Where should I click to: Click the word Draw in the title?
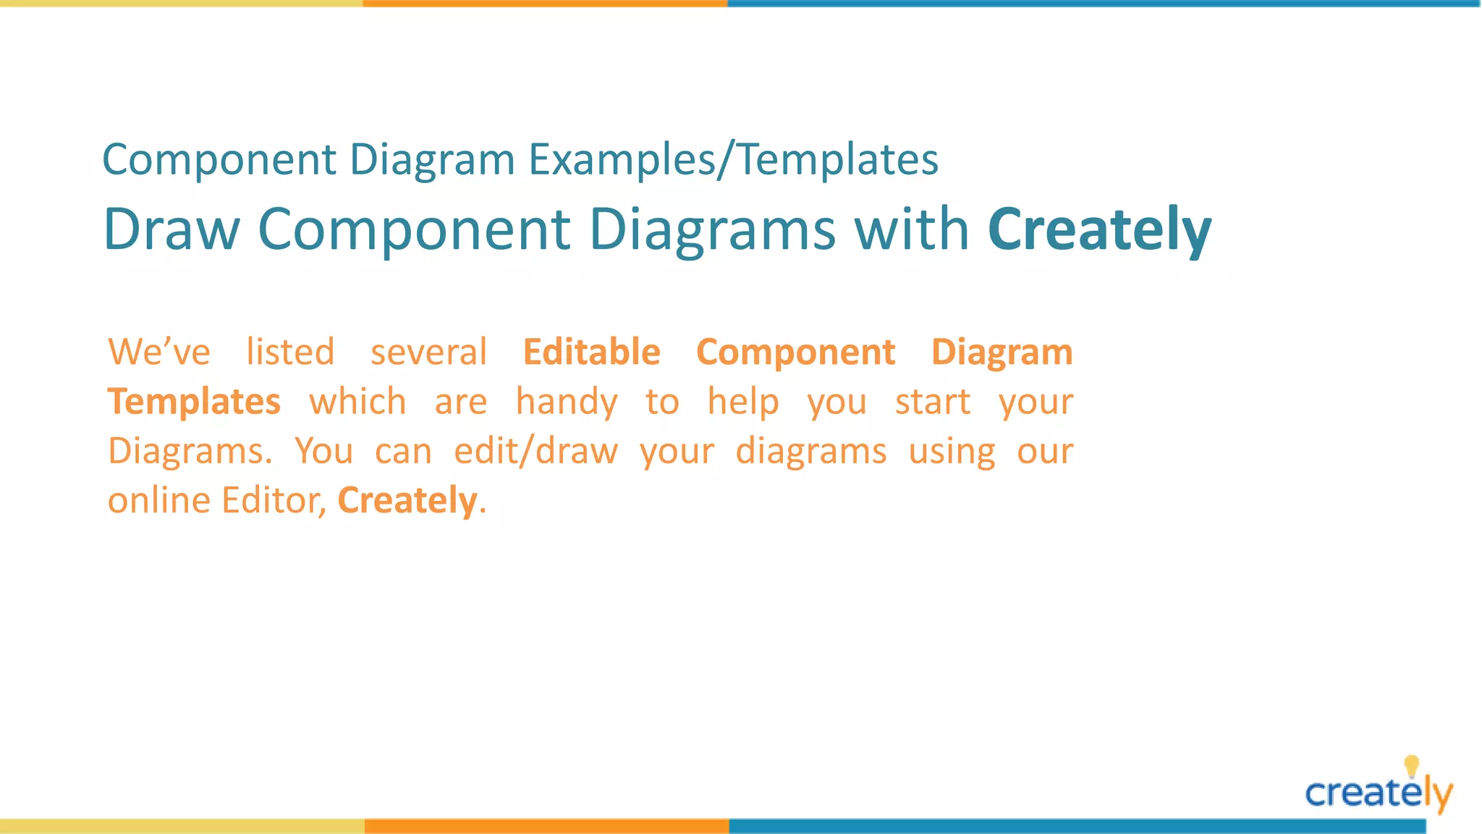pyautogui.click(x=172, y=229)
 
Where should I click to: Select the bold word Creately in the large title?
pyautogui.click(x=1098, y=229)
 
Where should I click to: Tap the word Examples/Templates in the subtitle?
pyautogui.click(x=733, y=159)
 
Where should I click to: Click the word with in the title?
pyautogui.click(x=911, y=229)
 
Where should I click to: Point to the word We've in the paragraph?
pyautogui.click(x=159, y=353)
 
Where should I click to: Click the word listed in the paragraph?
pyautogui.click(x=290, y=353)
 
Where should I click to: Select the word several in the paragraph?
pyautogui.click(x=428, y=353)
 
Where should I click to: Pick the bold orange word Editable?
pyautogui.click(x=591, y=353)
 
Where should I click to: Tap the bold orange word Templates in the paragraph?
pyautogui.click(x=194, y=402)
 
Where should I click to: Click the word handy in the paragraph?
pyautogui.click(x=567, y=402)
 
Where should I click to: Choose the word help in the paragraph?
pyautogui.click(x=743, y=402)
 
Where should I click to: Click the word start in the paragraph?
pyautogui.click(x=933, y=402)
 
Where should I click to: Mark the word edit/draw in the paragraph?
pyautogui.click(x=535, y=451)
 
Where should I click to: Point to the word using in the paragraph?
pyautogui.click(x=952, y=451)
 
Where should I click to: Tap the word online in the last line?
pyautogui.click(x=159, y=500)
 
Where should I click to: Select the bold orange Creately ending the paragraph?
pyautogui.click(x=407, y=500)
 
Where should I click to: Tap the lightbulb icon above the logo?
pyautogui.click(x=1411, y=765)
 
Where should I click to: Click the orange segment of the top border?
pyautogui.click(x=545, y=4)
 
